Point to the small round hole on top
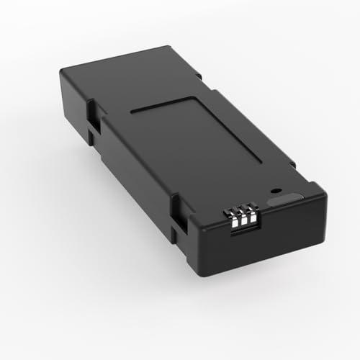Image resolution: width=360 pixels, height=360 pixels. pyautogui.click(x=274, y=192)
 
